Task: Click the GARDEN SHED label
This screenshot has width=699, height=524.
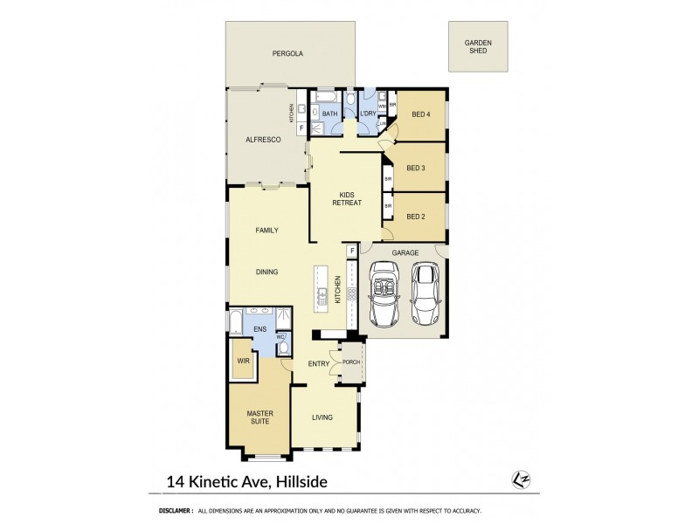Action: (x=477, y=46)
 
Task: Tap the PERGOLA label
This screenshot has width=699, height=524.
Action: (x=287, y=54)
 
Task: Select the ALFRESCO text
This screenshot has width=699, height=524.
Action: (x=262, y=140)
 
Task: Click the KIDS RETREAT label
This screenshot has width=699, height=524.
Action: (x=346, y=198)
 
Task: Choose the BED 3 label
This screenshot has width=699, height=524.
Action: (x=417, y=169)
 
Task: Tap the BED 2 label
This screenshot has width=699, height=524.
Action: (x=417, y=217)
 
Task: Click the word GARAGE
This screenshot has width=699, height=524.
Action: (x=405, y=252)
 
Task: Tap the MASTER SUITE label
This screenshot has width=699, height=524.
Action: (x=259, y=417)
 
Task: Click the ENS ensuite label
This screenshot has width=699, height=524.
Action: (x=260, y=329)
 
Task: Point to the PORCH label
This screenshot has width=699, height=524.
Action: (x=352, y=362)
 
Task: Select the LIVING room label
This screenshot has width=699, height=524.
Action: (x=322, y=417)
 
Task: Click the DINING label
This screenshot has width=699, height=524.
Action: (x=266, y=272)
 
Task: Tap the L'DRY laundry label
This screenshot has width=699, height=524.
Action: (x=367, y=114)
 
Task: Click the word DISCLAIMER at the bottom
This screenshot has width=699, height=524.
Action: (x=176, y=511)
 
